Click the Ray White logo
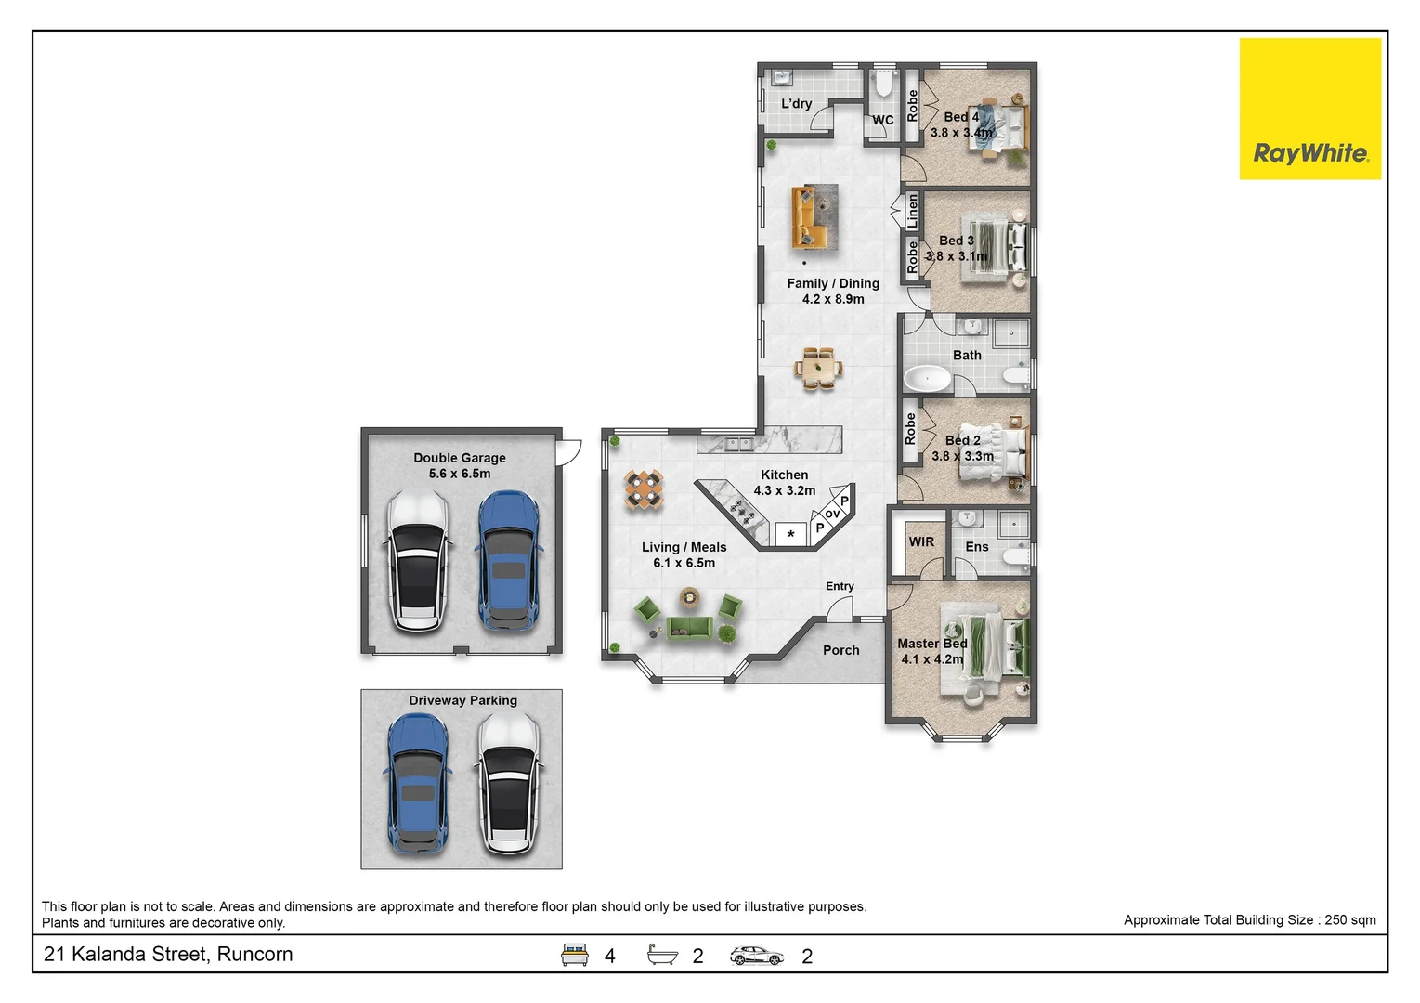(x=1310, y=109)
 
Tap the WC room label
(x=882, y=120)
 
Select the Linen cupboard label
(x=912, y=211)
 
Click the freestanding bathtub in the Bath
(x=927, y=379)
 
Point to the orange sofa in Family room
(x=806, y=217)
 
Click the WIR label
(x=921, y=541)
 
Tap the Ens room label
(x=977, y=546)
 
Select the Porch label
(x=841, y=650)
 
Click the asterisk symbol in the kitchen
(x=790, y=534)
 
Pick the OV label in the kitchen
(x=832, y=514)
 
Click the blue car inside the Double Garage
(x=509, y=561)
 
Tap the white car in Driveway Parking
(x=509, y=784)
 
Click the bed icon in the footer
(x=575, y=955)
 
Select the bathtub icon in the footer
(x=662, y=955)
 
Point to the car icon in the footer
(x=757, y=956)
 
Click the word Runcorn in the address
(x=254, y=954)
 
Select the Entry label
(x=840, y=586)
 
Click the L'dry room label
(x=796, y=103)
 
